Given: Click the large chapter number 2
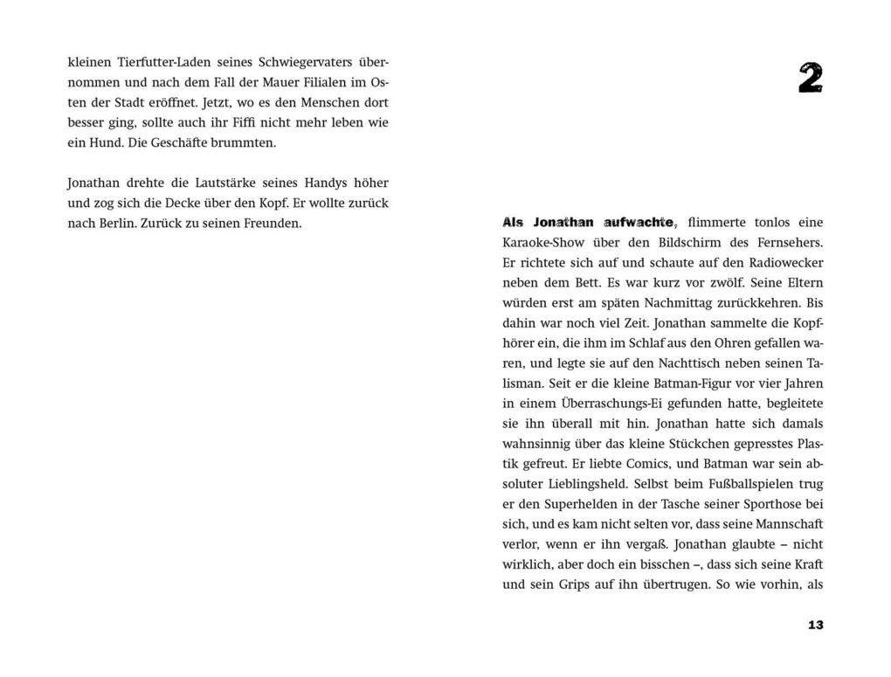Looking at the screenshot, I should coord(810,79).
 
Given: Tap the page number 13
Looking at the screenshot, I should coord(815,625).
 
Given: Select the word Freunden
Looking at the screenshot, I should coord(273,223).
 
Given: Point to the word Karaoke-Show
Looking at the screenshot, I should coord(543,242).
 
